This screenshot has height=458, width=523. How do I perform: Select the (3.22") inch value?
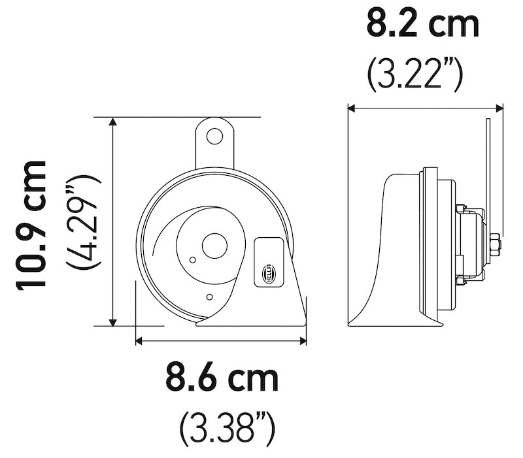click(x=414, y=74)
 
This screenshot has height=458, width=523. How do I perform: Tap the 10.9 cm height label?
click(x=33, y=223)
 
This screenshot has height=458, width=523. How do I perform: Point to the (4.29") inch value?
click(x=83, y=222)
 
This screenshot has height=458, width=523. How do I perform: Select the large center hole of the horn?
click(x=213, y=246)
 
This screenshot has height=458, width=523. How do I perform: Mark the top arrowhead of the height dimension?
click(x=114, y=122)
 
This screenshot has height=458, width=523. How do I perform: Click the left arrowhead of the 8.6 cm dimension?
click(x=139, y=340)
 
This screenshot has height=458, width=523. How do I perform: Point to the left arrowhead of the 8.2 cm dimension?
click(x=352, y=108)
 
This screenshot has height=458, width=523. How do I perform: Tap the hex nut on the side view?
click(x=495, y=245)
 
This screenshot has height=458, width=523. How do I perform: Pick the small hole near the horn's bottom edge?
click(x=209, y=298)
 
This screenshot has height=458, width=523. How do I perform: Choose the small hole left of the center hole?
click(x=192, y=259)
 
